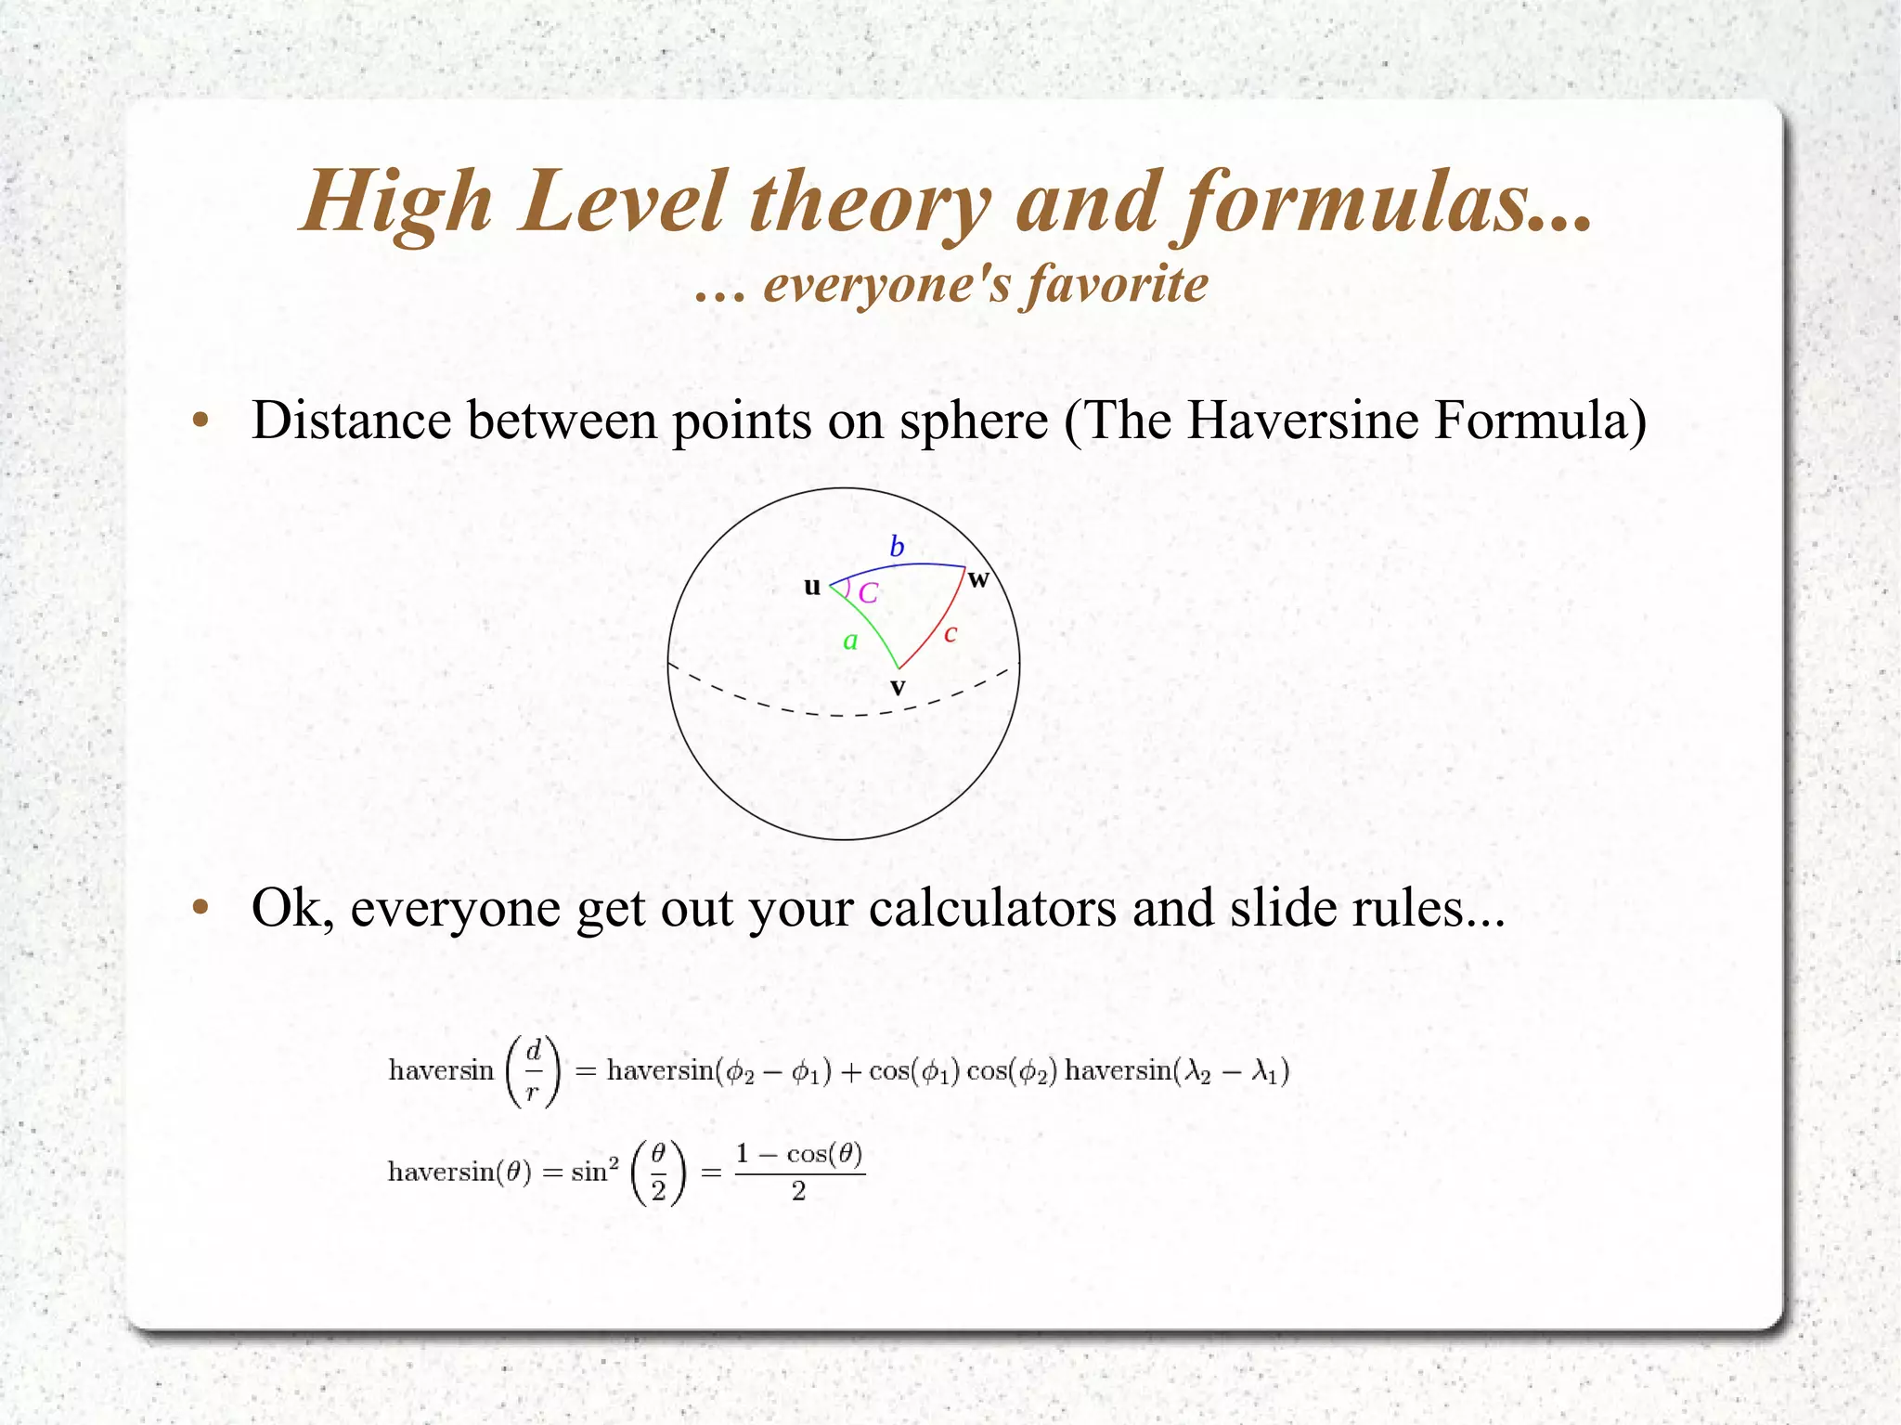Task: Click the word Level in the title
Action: (x=622, y=202)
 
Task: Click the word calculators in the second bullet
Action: (x=992, y=907)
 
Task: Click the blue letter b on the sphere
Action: (x=897, y=546)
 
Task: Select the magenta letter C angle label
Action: (x=868, y=593)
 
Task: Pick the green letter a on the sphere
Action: (x=850, y=641)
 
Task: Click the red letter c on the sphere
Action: (x=950, y=634)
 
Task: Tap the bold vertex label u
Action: (x=812, y=587)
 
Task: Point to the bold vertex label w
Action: (x=978, y=580)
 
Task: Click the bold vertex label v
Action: (x=898, y=688)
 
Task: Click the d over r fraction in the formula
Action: (x=533, y=1071)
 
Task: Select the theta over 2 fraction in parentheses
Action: (x=658, y=1172)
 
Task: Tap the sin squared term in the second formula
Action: (x=595, y=1172)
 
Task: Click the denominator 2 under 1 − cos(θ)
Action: (x=798, y=1192)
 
